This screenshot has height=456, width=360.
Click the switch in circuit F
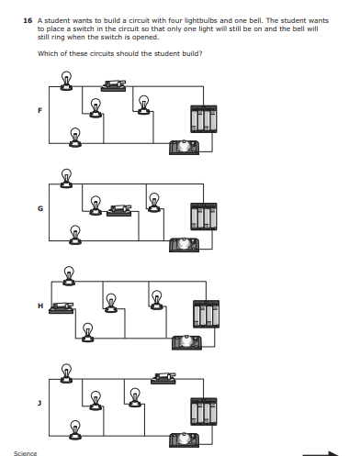tap(115, 85)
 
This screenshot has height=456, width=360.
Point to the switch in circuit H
tap(62, 306)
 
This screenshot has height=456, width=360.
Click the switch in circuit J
tap(164, 377)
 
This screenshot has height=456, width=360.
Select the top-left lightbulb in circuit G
tap(66, 176)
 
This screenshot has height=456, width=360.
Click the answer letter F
tap(39, 111)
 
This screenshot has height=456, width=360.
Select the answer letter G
tap(39, 208)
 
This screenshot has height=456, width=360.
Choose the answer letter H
tap(39, 306)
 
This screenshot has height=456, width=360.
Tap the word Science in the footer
tap(26, 453)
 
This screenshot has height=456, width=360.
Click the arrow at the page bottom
tap(321, 452)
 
